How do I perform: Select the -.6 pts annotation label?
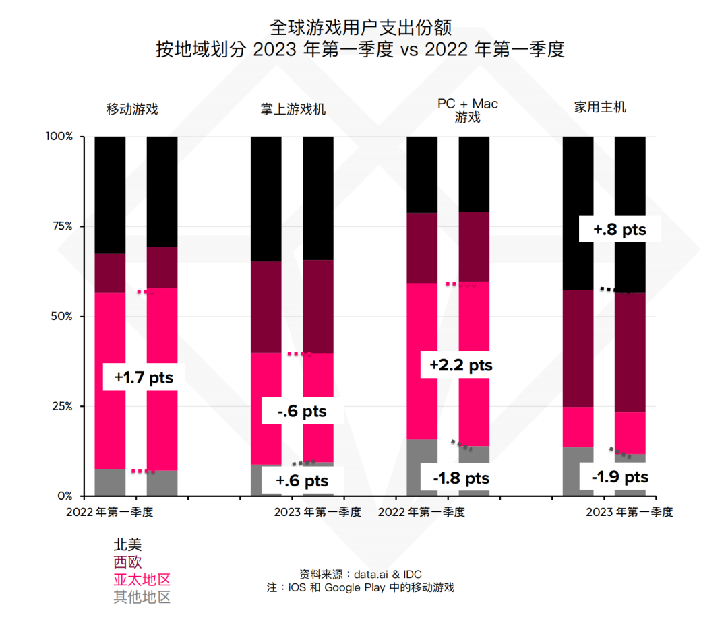(302, 412)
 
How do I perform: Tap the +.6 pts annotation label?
(302, 481)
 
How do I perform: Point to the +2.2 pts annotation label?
(461, 366)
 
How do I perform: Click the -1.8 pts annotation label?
(461, 478)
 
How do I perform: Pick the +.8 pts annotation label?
(619, 230)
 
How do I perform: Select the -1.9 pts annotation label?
(619, 477)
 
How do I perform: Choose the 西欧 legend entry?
(127, 562)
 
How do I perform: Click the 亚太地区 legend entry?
(142, 580)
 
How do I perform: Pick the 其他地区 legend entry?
(142, 597)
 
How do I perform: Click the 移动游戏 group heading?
(132, 109)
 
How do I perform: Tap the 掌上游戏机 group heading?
(293, 109)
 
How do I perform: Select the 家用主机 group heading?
(600, 107)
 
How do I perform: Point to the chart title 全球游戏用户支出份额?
(360, 27)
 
